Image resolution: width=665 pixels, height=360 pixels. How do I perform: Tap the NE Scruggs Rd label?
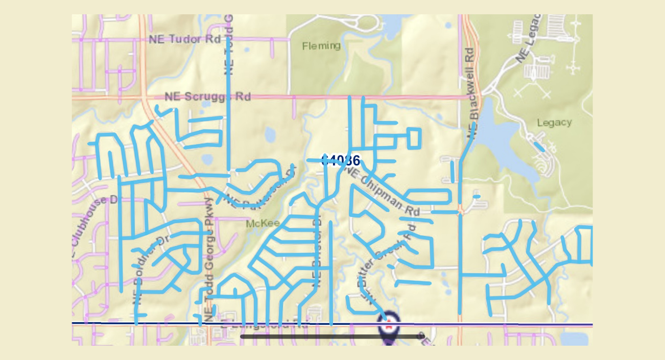[207, 97]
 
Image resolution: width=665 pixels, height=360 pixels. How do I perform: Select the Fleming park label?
[321, 46]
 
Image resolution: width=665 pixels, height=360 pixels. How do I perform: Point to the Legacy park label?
[554, 123]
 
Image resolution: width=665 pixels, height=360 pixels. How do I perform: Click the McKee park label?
[263, 224]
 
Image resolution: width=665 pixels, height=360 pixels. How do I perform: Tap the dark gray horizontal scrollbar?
[332, 337]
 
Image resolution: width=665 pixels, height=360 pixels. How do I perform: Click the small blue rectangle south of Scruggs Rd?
[414, 138]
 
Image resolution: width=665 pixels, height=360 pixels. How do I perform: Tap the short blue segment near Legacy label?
[539, 146]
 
